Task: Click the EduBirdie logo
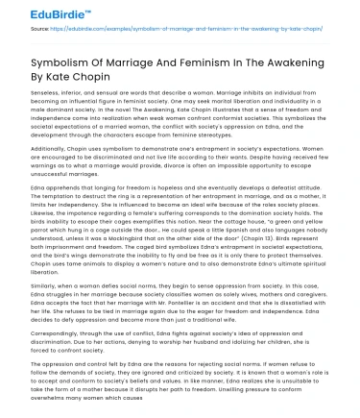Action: (x=38, y=13)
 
